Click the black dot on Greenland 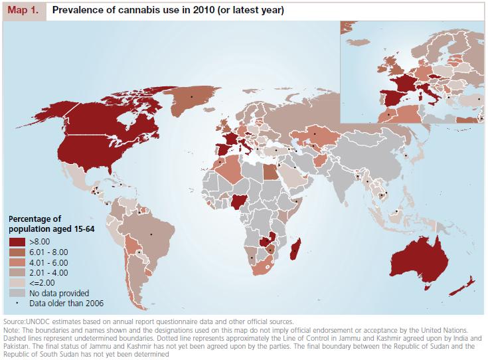pos(192,97)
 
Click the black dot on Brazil pos(151,234)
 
